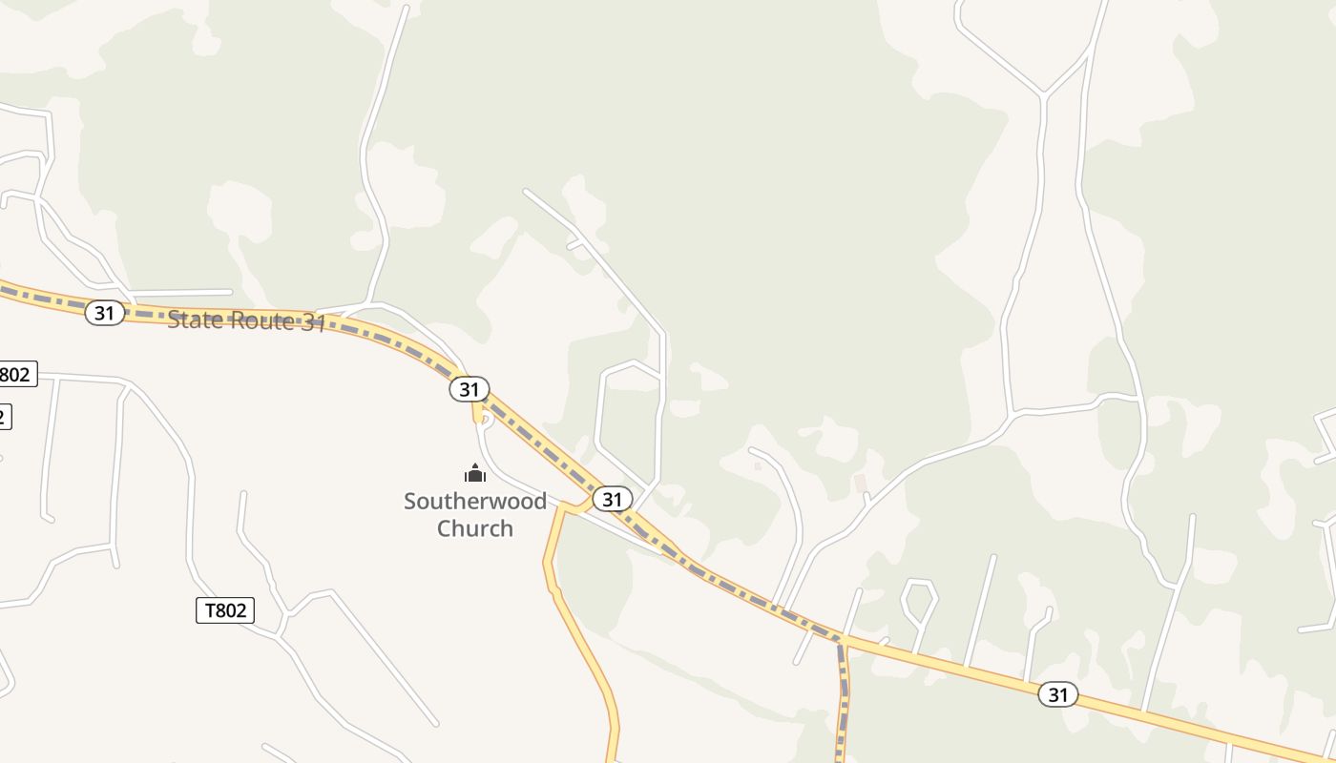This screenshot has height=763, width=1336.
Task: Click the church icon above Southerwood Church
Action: pyautogui.click(x=475, y=473)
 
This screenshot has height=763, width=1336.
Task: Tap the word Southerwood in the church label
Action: pyautogui.click(x=475, y=501)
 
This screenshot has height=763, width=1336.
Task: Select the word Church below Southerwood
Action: pyautogui.click(x=475, y=528)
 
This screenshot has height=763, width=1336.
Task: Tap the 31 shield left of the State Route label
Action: pyautogui.click(x=105, y=312)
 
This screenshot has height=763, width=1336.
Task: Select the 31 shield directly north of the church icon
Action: pyautogui.click(x=469, y=389)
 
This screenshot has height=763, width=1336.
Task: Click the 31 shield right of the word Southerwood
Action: pyautogui.click(x=612, y=499)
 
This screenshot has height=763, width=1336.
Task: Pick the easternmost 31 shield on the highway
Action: pyautogui.click(x=1057, y=694)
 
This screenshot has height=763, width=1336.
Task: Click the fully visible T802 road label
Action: pyautogui.click(x=225, y=610)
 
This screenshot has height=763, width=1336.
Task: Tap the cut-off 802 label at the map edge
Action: pyautogui.click(x=16, y=374)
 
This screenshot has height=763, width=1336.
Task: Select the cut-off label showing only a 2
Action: pyautogui.click(x=4, y=416)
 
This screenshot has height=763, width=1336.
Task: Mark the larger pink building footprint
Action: pyautogui.click(x=861, y=484)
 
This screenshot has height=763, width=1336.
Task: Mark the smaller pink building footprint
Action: pyautogui.click(x=758, y=466)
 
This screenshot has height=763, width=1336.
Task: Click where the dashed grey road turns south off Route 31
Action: pyautogui.click(x=841, y=646)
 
